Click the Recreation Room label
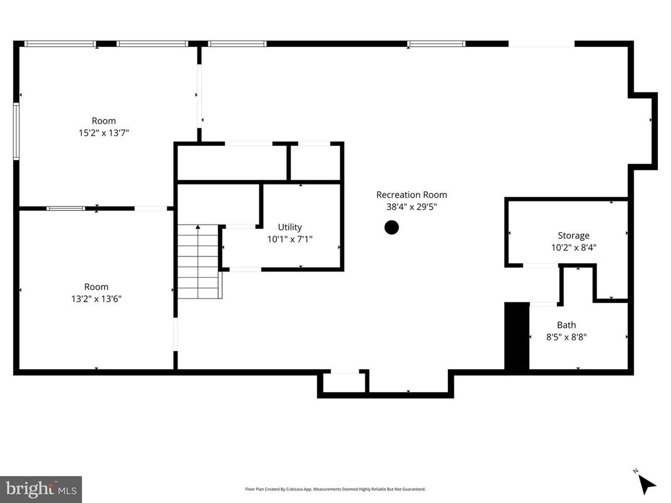pyautogui.click(x=411, y=195)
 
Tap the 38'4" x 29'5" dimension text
pyautogui.click(x=411, y=206)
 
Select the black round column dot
pyautogui.click(x=392, y=228)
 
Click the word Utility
pyautogui.click(x=289, y=227)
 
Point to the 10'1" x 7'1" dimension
pyautogui.click(x=289, y=238)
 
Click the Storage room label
pyautogui.click(x=573, y=236)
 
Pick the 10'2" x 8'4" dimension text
pyautogui.click(x=573, y=247)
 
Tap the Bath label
pyautogui.click(x=566, y=325)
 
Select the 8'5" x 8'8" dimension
pyautogui.click(x=566, y=337)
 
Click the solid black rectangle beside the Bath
pyautogui.click(x=517, y=337)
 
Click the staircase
pyautogui.click(x=198, y=263)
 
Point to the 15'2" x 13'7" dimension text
pyautogui.click(x=104, y=133)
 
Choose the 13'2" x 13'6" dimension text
pyautogui.click(x=96, y=298)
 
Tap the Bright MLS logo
pyautogui.click(x=41, y=489)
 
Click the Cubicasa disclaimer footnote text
pyautogui.click(x=335, y=489)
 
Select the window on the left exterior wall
pyautogui.click(x=16, y=131)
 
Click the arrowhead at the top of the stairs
pyautogui.click(x=198, y=228)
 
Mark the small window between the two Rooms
pyautogui.click(x=66, y=208)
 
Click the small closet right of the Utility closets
pyautogui.click(x=315, y=163)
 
